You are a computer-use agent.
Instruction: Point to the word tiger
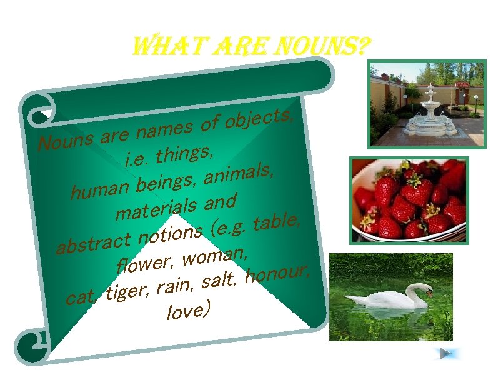[x=128, y=291]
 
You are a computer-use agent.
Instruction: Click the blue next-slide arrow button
[x=446, y=354]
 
